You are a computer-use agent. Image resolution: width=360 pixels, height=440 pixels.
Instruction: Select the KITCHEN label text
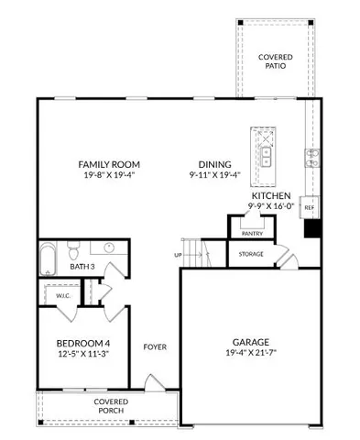[271, 196]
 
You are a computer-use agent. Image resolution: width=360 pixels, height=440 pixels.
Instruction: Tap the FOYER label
[154, 347]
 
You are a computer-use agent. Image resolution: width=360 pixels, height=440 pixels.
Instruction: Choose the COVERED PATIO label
[276, 62]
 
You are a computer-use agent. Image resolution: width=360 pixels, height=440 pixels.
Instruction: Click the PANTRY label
[252, 234]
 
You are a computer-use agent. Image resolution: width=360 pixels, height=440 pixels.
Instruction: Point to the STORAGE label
[251, 254]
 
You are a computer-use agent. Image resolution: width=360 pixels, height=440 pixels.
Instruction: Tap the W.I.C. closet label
[53, 295]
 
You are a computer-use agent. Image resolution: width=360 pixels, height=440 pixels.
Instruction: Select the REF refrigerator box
[309, 208]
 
